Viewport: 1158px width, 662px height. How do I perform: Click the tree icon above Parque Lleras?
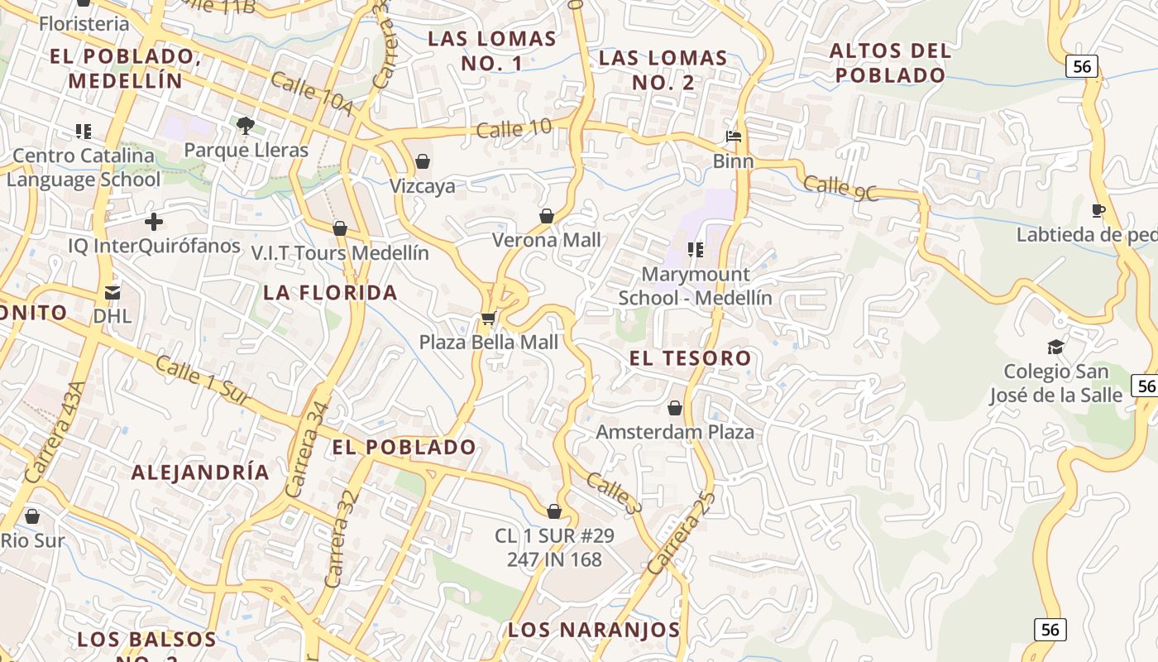click(245, 126)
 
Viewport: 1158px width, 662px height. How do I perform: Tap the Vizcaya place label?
click(423, 185)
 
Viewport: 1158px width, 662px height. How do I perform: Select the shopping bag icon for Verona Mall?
click(547, 216)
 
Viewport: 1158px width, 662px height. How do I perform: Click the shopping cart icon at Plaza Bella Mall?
click(489, 318)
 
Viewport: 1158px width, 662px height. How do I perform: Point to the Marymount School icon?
click(696, 249)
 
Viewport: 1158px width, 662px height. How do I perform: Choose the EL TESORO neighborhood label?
click(690, 358)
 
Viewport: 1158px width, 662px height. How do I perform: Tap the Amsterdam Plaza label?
click(675, 432)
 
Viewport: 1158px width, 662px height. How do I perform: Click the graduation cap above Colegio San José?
click(1055, 347)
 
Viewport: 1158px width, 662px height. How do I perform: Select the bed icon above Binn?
click(733, 137)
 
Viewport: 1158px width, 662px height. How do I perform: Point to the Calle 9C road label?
click(840, 188)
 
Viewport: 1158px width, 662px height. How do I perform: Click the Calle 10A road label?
click(311, 95)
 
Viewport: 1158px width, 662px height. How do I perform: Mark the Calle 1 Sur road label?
click(203, 381)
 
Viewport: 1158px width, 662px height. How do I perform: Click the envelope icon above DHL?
click(112, 292)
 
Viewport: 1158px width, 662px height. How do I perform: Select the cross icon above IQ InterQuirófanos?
click(154, 222)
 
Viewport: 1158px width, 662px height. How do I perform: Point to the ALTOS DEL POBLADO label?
click(890, 63)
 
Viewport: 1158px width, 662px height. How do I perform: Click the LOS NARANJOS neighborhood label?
click(594, 630)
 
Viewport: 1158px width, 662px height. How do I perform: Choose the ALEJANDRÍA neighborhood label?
click(200, 473)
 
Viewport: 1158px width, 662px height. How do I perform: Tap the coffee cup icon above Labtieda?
click(1098, 211)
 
